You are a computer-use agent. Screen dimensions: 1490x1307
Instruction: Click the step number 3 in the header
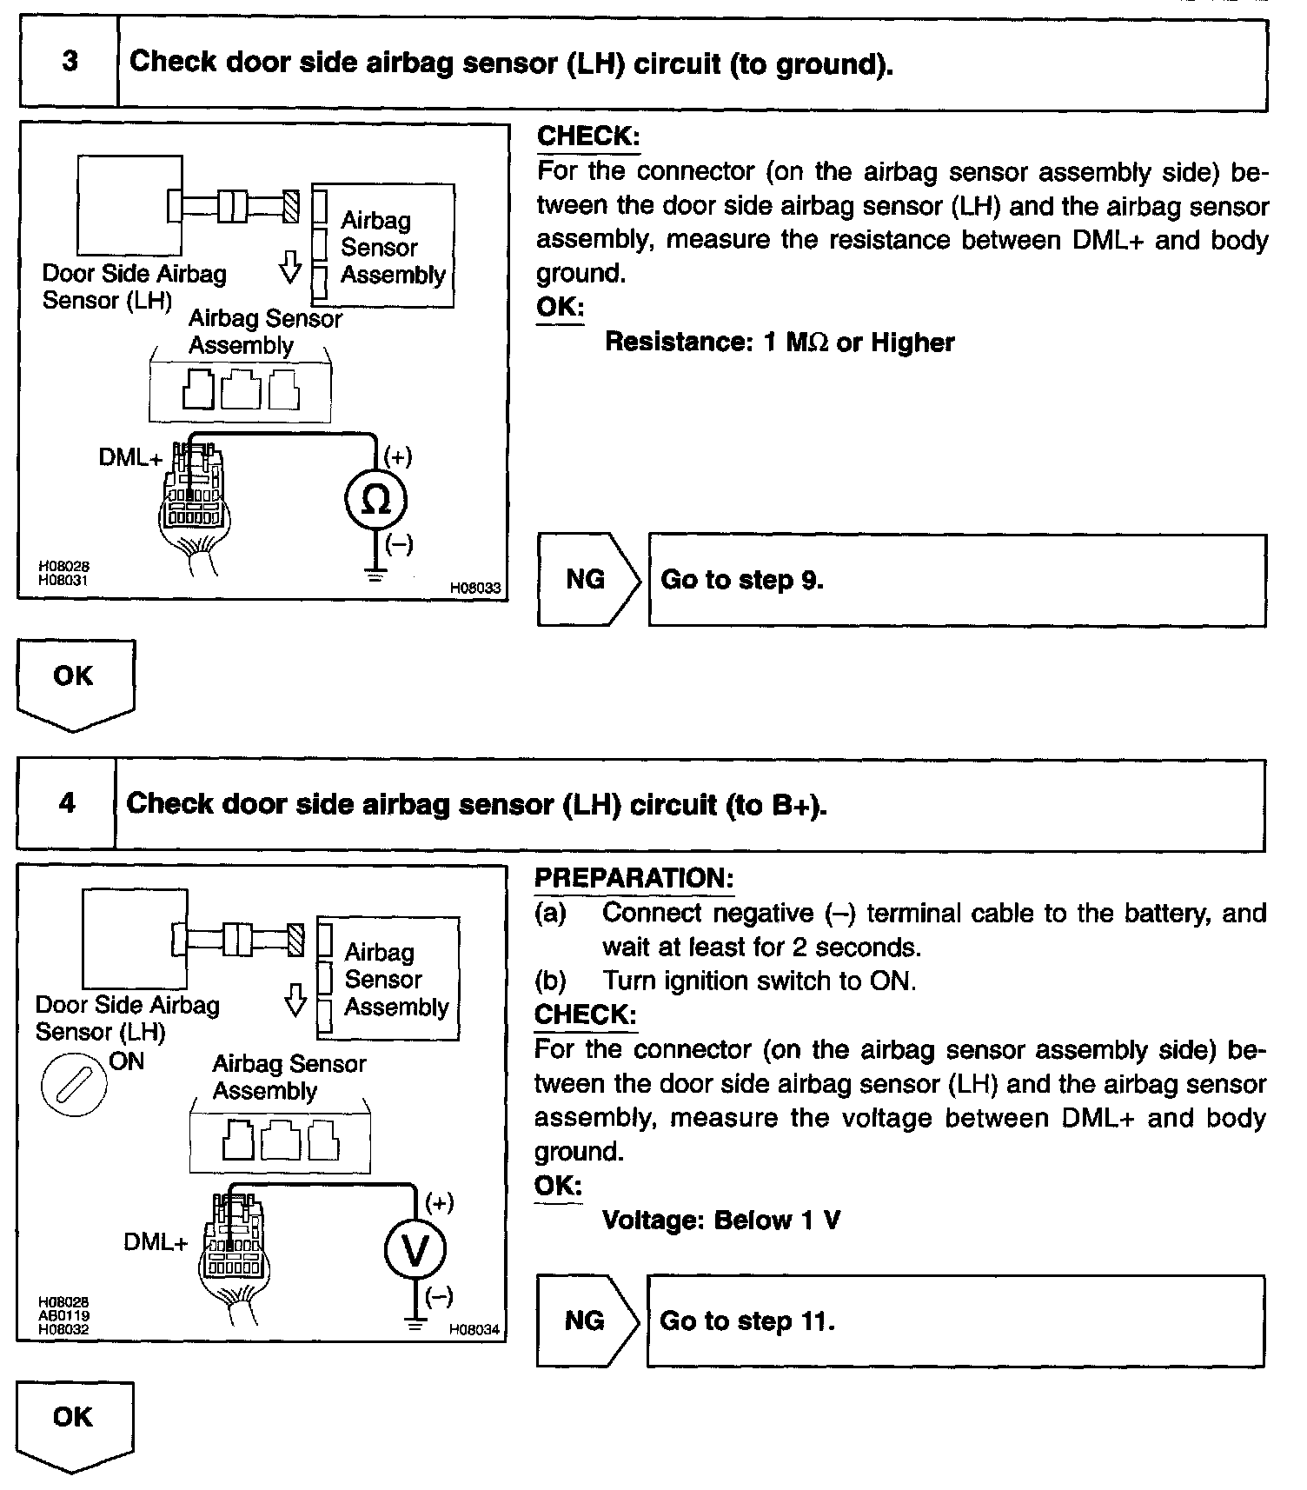(x=70, y=63)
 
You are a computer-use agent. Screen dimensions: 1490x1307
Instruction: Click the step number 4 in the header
(x=67, y=802)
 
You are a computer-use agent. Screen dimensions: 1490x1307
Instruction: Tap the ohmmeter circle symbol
(x=375, y=500)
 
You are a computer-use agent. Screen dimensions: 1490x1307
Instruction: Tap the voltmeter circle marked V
(x=415, y=1251)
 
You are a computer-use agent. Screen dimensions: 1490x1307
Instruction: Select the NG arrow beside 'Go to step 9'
(x=587, y=579)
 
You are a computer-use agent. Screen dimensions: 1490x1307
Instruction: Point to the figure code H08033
(x=474, y=589)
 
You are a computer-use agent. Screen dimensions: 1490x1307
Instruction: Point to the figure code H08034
(x=474, y=1329)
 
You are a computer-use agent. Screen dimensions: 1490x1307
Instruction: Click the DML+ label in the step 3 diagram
(x=130, y=457)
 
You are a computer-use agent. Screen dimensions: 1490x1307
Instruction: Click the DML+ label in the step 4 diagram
(x=156, y=1242)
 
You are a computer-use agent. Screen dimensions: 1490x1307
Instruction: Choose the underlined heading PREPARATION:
(x=634, y=878)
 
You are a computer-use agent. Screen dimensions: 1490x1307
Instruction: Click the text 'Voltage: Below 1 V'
(x=721, y=1221)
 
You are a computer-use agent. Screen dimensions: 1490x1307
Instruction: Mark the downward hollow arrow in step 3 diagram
(x=290, y=267)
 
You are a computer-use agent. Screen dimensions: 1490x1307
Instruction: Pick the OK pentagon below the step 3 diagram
(x=76, y=683)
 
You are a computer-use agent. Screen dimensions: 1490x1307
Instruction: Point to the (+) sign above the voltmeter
(x=439, y=1203)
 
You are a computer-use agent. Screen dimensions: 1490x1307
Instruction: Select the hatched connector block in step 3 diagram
(x=291, y=206)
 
